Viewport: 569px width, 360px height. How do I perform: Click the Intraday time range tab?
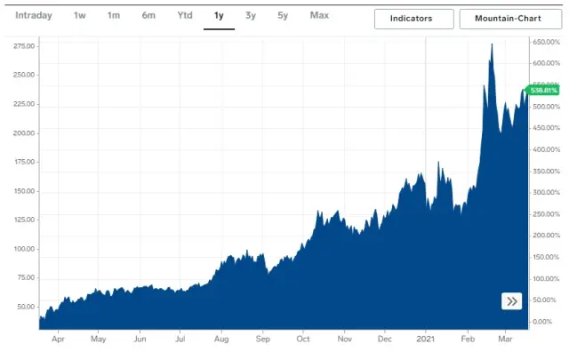(x=34, y=16)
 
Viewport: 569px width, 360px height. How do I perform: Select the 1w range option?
(x=80, y=16)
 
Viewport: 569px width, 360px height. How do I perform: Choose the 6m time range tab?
(x=148, y=16)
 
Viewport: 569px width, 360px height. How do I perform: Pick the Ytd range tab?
(x=184, y=16)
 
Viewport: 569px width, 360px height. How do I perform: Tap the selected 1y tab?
(x=219, y=16)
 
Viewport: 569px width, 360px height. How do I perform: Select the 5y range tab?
(x=282, y=16)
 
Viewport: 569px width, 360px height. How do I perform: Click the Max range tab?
(x=319, y=16)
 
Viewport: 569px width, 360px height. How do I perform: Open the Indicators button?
(x=413, y=19)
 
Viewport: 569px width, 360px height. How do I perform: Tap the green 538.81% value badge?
(x=543, y=90)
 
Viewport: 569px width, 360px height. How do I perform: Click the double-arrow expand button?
(x=512, y=301)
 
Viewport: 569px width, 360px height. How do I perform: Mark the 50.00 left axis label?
(x=26, y=307)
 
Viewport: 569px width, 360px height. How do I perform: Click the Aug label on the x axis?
(x=221, y=339)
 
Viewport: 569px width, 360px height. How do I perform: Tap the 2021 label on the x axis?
(x=426, y=339)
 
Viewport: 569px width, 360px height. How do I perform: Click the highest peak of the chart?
(x=492, y=44)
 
